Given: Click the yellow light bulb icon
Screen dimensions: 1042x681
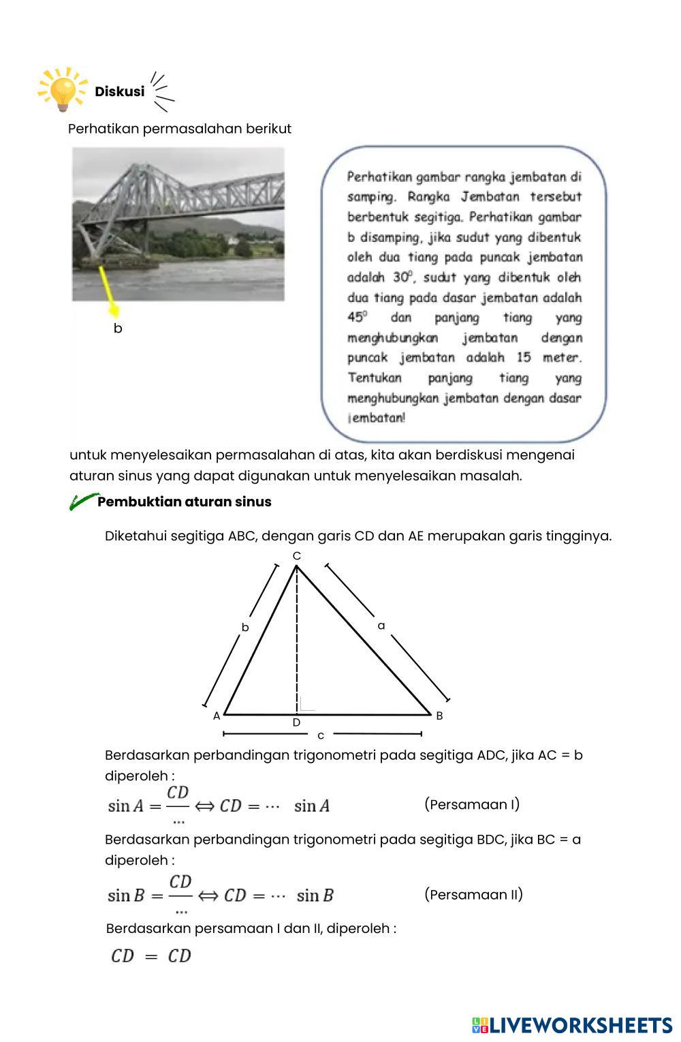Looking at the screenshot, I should (63, 89).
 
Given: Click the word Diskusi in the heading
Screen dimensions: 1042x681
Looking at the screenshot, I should (119, 91).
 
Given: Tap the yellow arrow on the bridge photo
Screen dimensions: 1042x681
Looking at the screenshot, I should (108, 290).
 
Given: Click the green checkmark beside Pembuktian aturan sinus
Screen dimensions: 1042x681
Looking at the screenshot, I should (83, 502).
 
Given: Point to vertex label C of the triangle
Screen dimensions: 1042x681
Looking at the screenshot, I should (296, 556).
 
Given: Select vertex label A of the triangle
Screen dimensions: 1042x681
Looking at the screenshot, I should (217, 716).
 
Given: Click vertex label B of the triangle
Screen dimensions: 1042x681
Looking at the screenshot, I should (439, 716).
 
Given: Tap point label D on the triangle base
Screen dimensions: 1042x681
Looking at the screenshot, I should (296, 722).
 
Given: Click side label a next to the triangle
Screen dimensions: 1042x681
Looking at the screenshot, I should (381, 625).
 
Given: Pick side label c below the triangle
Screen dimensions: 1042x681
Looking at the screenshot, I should (321, 735).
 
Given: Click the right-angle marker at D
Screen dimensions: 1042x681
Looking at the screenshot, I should (306, 705).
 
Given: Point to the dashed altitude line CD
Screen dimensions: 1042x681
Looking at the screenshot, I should (296, 641).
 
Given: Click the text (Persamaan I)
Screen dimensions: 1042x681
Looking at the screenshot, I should (471, 804).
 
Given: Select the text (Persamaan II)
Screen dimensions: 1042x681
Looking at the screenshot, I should (473, 894).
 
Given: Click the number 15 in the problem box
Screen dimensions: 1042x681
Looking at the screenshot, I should (523, 358).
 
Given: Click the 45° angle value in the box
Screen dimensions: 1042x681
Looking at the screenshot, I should (358, 317).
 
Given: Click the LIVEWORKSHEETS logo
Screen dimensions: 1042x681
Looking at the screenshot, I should (571, 1025).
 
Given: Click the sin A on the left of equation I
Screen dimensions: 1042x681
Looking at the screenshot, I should (125, 806).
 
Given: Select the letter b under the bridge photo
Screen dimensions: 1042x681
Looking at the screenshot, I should (118, 328).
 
